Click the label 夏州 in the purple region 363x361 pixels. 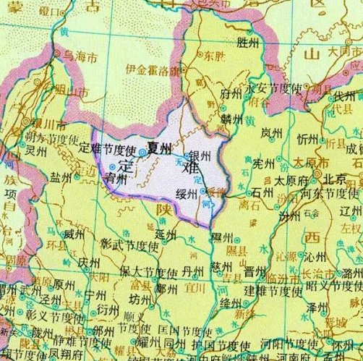[160, 148]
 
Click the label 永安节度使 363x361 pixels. [274, 88]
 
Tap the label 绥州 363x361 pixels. [186, 193]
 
